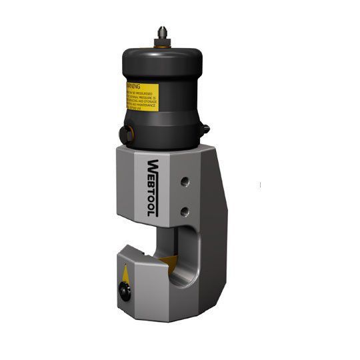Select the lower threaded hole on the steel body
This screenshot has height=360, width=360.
[185, 211]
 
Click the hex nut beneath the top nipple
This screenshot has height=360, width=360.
[161, 44]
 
